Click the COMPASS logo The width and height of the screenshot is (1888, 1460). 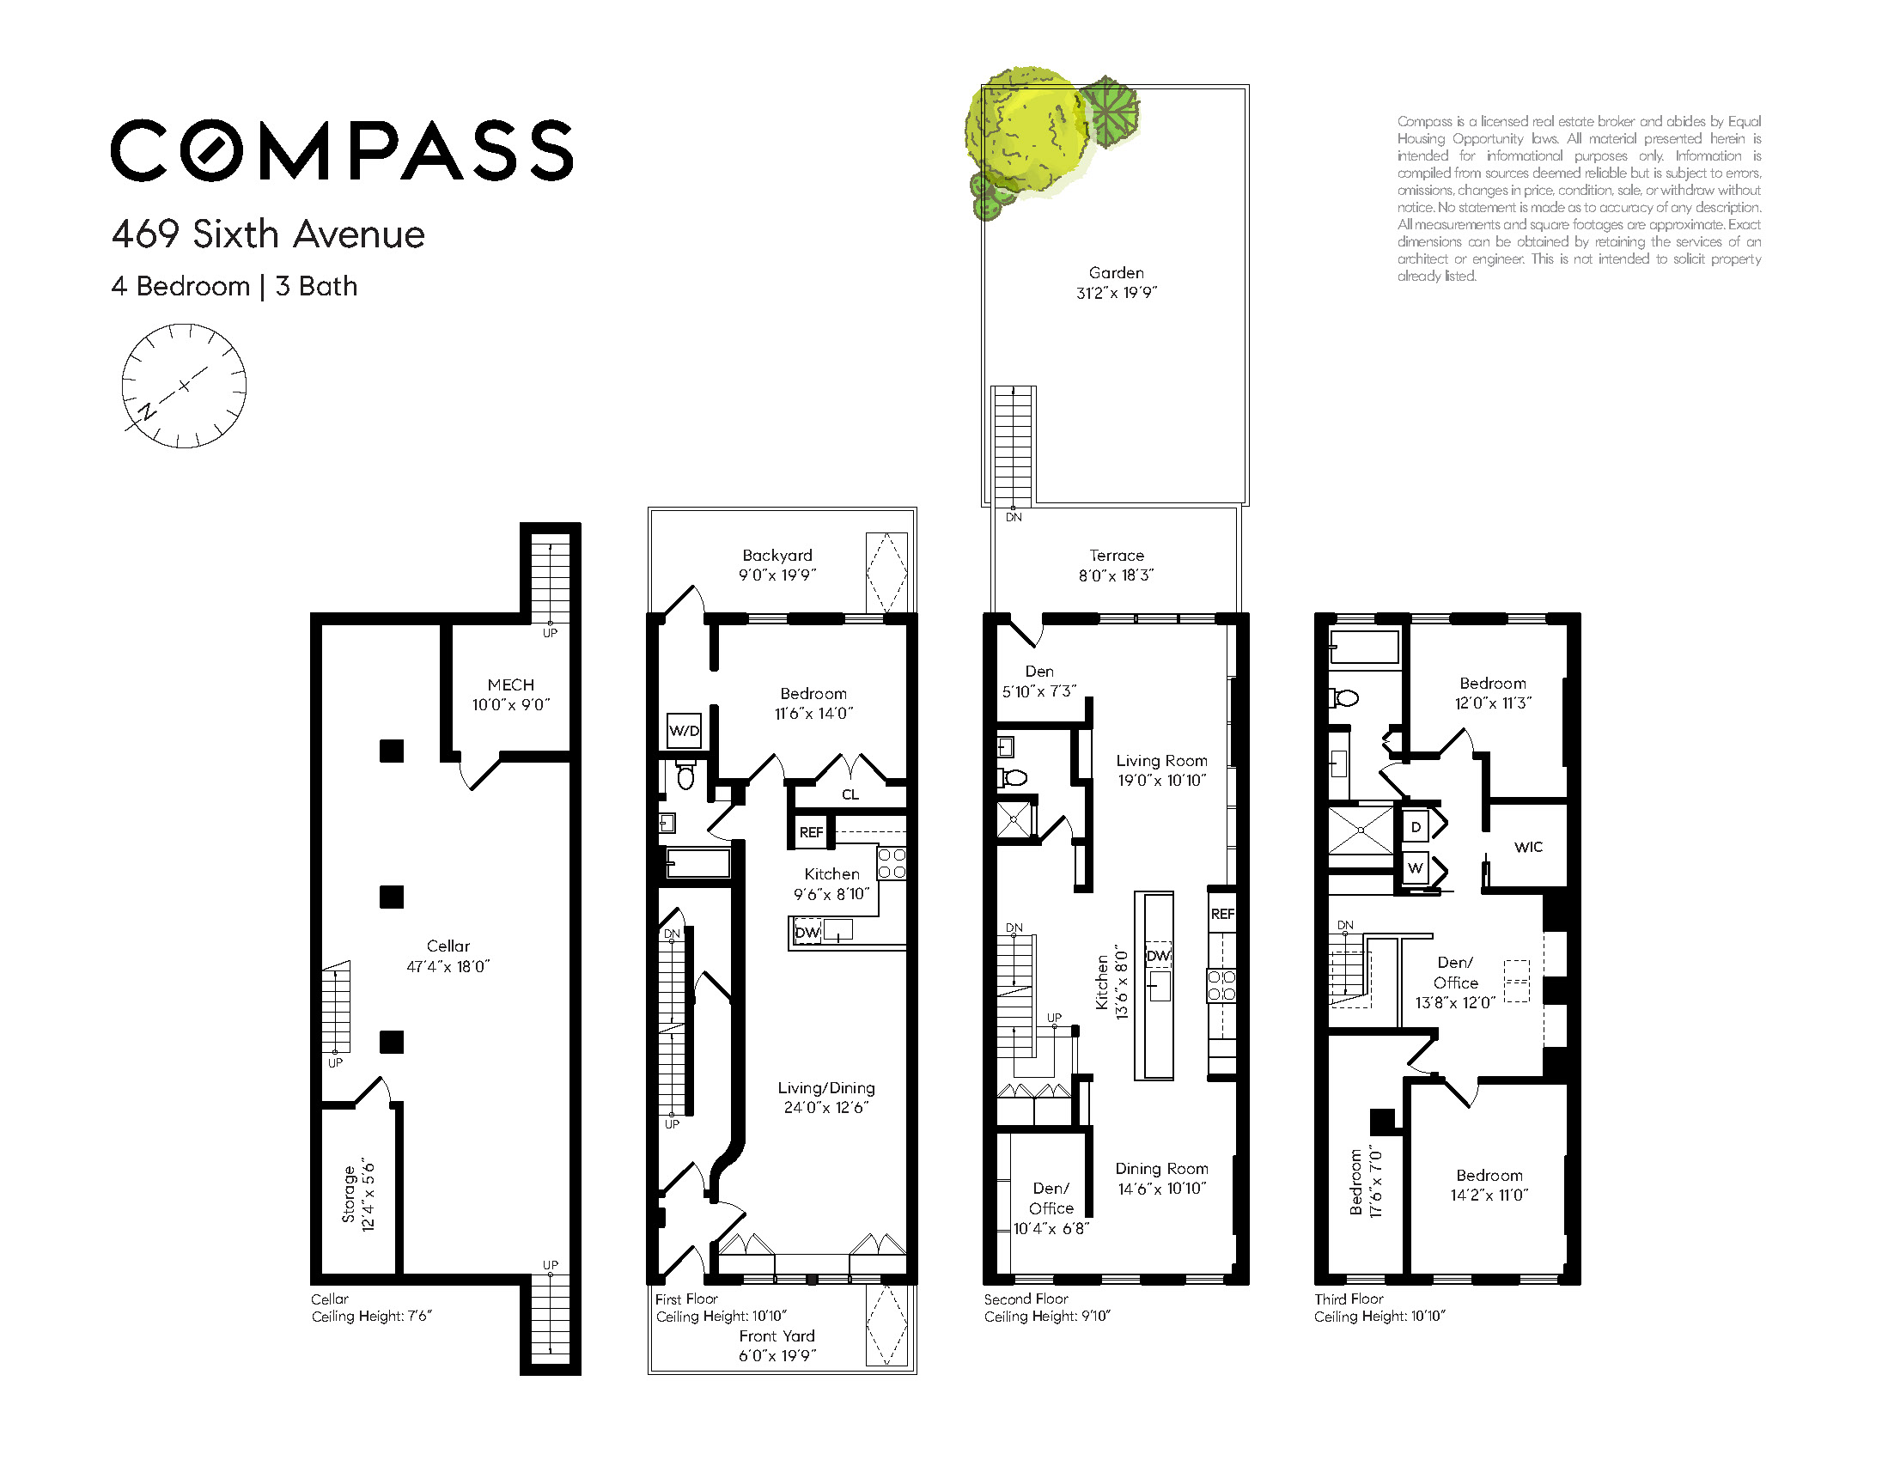[342, 150]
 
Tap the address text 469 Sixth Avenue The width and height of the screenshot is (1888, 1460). [268, 234]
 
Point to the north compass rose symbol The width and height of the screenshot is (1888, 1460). [183, 386]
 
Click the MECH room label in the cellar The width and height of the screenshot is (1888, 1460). [511, 684]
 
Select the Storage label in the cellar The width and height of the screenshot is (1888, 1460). [350, 1194]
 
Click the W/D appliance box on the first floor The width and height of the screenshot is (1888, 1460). [684, 731]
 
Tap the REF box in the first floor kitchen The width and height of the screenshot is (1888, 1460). [811, 831]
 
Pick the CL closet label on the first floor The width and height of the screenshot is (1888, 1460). [850, 794]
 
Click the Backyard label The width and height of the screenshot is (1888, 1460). [777, 556]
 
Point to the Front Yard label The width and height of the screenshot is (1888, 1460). [777, 1335]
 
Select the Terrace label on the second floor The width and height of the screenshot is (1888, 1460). [1116, 555]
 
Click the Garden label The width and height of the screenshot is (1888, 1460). [1116, 272]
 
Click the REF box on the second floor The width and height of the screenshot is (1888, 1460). [1222, 914]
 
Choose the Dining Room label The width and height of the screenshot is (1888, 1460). [1161, 1169]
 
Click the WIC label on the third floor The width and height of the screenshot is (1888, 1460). [1528, 847]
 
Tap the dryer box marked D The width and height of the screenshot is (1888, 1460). [1416, 827]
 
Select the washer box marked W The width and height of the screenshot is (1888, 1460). [1416, 868]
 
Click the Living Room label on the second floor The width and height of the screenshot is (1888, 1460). [1161, 761]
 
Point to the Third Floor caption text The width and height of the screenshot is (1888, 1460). [1349, 1299]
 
